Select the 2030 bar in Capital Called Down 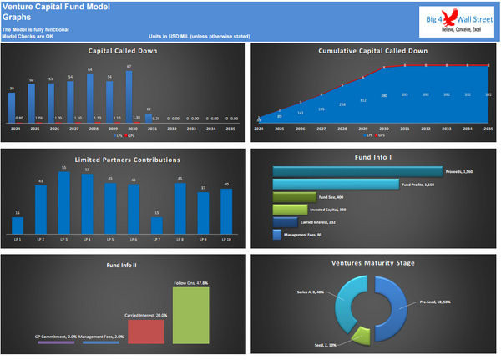129,96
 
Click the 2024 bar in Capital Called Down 12,107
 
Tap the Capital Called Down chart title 124,51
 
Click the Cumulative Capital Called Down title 373,51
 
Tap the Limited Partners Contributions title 124,158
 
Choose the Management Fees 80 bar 277,236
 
